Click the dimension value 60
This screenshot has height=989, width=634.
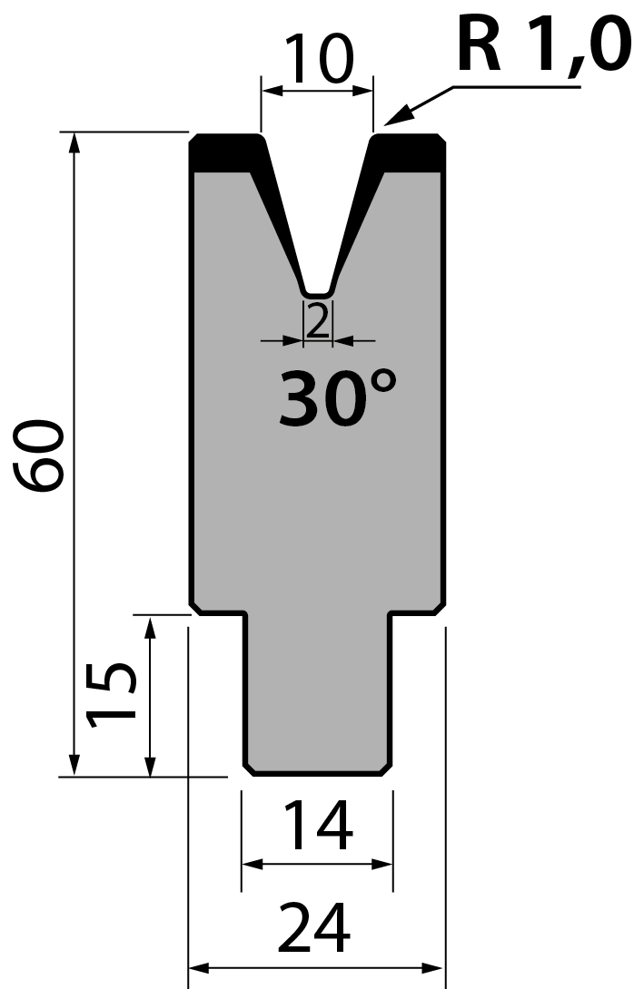(39, 455)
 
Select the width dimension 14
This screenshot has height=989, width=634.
(318, 825)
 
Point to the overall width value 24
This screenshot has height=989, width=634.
(314, 928)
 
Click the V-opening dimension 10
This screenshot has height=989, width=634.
(319, 58)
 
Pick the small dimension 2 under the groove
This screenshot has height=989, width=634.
(318, 321)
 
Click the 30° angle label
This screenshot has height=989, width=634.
(338, 397)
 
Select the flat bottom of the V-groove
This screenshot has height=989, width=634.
(318, 294)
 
